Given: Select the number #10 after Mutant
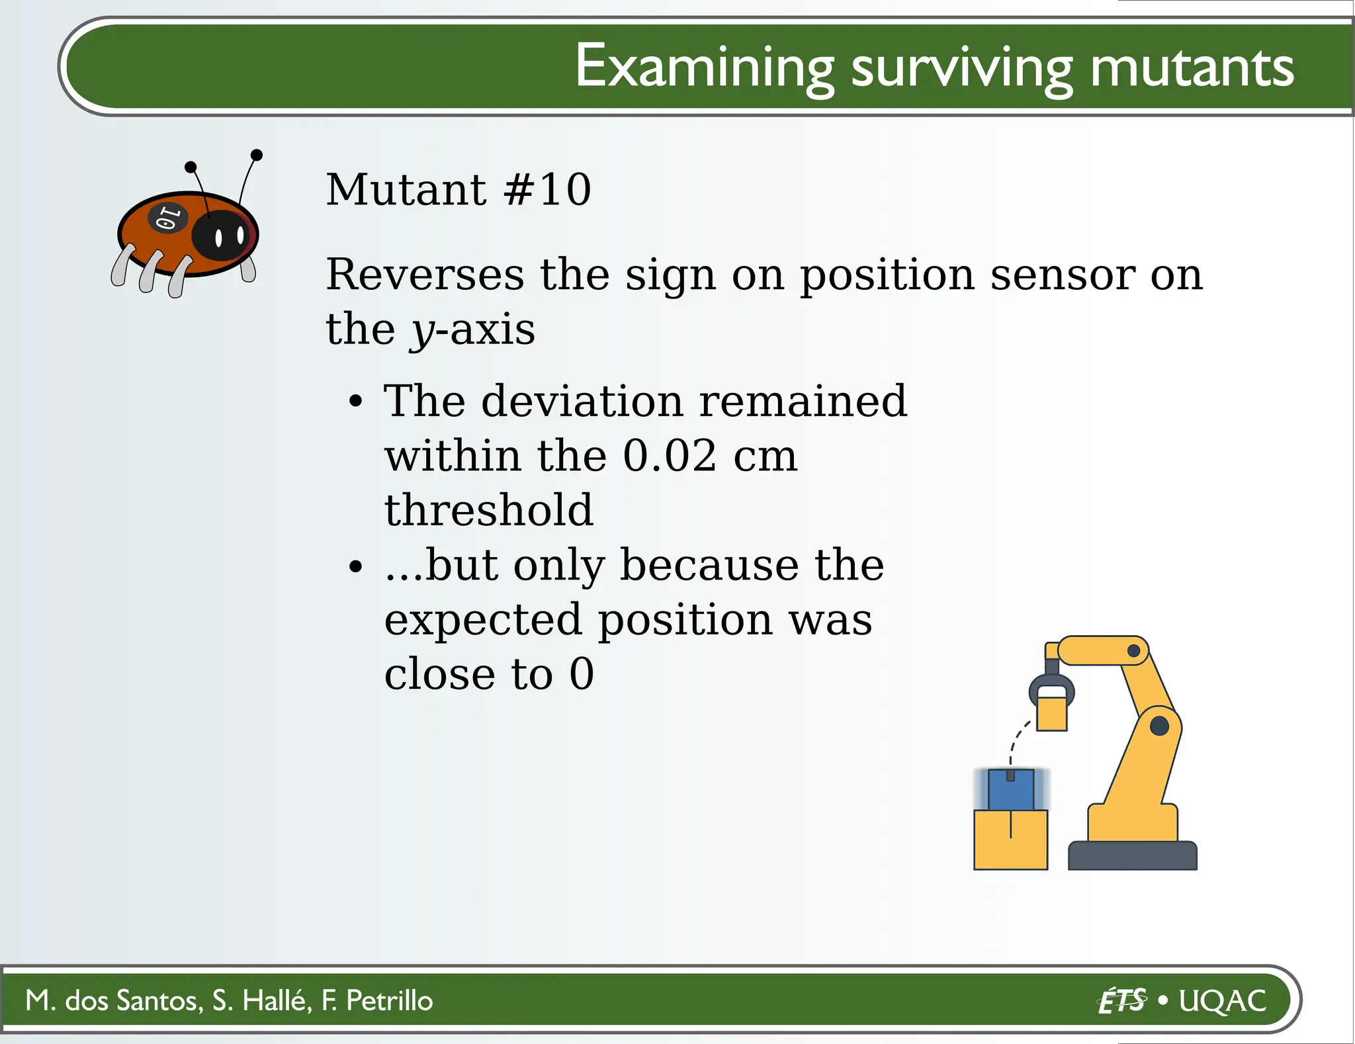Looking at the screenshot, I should pos(547,190).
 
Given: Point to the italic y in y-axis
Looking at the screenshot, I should pos(421,331).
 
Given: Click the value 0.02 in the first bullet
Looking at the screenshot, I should pos(670,456).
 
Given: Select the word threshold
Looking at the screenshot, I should pos(489,510).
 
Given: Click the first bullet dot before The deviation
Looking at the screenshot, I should pos(356,402).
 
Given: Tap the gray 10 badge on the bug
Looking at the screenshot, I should pos(167,218).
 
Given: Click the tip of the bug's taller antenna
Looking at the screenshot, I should pos(257,155).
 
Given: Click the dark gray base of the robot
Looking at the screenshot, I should pos(1132,855).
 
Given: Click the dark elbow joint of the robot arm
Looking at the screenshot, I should pos(1159,726).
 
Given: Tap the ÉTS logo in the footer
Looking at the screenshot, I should pos(1121,1000).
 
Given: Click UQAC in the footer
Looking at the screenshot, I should pos(1222,1000).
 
